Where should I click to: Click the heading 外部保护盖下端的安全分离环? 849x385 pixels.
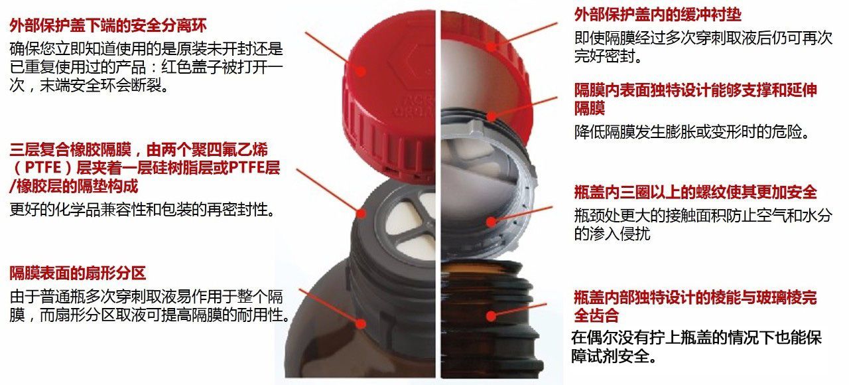click(108, 25)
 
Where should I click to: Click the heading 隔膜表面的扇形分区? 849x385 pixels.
click(78, 273)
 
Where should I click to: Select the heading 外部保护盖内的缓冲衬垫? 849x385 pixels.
click(657, 15)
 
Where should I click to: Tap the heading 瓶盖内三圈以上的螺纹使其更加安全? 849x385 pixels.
click(695, 192)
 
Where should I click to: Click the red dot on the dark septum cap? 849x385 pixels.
click(361, 213)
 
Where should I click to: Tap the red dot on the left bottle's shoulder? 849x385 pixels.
click(361, 323)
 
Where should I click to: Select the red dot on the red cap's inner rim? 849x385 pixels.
click(491, 46)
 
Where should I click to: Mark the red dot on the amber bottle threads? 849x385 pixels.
click(491, 315)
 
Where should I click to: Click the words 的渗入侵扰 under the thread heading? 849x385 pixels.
click(612, 234)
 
